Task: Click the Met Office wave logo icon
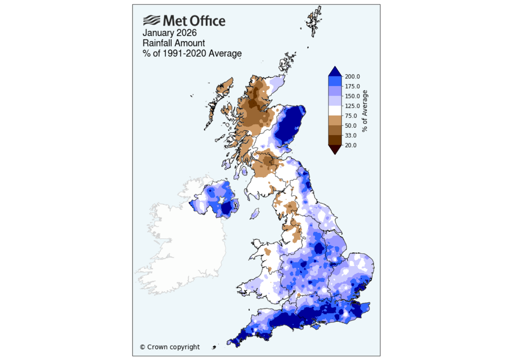pos(151,20)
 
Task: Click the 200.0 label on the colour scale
pos(352,76)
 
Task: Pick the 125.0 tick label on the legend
pos(352,106)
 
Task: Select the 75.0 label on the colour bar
pos(350,115)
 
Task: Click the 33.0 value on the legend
pos(350,135)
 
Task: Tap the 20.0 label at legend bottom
pos(350,145)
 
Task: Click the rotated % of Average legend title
pos(365,111)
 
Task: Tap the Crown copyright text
pos(169,347)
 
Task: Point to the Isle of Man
pos(253,214)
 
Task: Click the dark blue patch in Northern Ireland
pos(229,207)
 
